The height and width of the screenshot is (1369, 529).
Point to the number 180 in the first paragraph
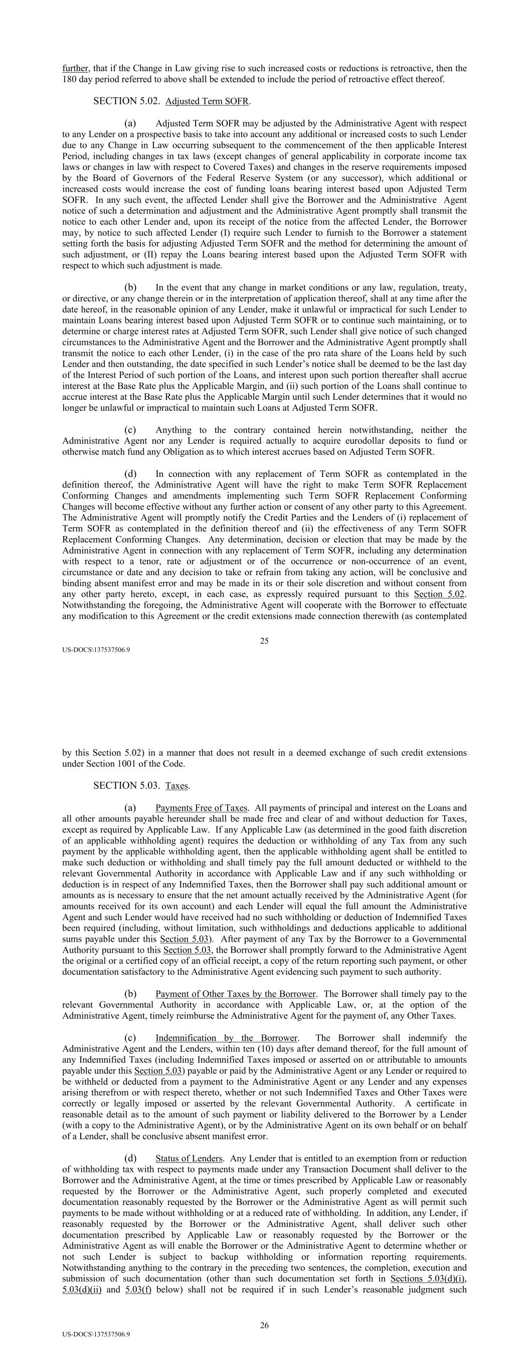point(70,80)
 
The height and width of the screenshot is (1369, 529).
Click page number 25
point(264,641)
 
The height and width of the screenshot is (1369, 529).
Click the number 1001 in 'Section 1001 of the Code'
point(132,764)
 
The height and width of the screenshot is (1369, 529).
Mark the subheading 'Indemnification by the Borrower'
point(226,1038)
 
